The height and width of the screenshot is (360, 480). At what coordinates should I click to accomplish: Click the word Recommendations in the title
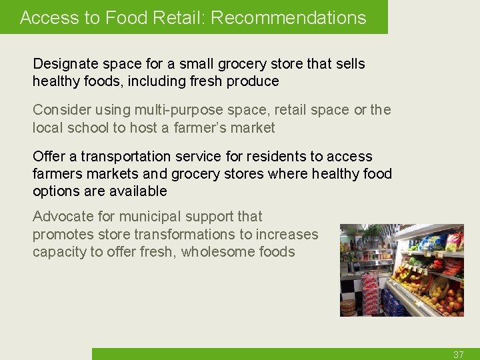(289, 18)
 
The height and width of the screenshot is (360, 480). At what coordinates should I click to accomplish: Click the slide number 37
(458, 355)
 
